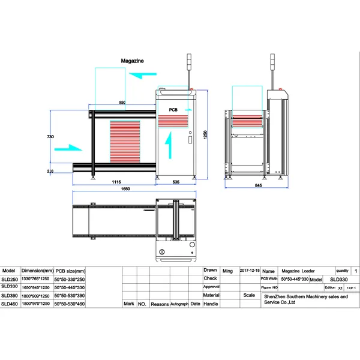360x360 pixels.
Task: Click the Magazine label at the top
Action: (x=132, y=61)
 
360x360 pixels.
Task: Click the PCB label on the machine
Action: (x=173, y=110)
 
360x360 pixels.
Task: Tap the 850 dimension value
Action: (x=122, y=103)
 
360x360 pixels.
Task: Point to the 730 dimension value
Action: (x=50, y=137)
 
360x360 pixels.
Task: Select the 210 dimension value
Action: (x=50, y=172)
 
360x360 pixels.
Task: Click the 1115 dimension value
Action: (x=116, y=182)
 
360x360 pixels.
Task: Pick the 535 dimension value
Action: (x=176, y=182)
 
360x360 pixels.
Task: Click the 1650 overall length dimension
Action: (x=125, y=190)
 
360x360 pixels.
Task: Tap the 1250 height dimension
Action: (x=205, y=134)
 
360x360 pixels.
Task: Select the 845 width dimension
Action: (x=258, y=186)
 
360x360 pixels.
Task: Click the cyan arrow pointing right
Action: (x=68, y=148)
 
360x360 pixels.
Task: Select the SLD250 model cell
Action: (x=10, y=279)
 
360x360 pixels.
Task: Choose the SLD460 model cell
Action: (x=10, y=304)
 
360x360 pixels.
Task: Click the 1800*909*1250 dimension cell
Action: (x=37, y=296)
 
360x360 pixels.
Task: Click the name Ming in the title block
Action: (x=227, y=271)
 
